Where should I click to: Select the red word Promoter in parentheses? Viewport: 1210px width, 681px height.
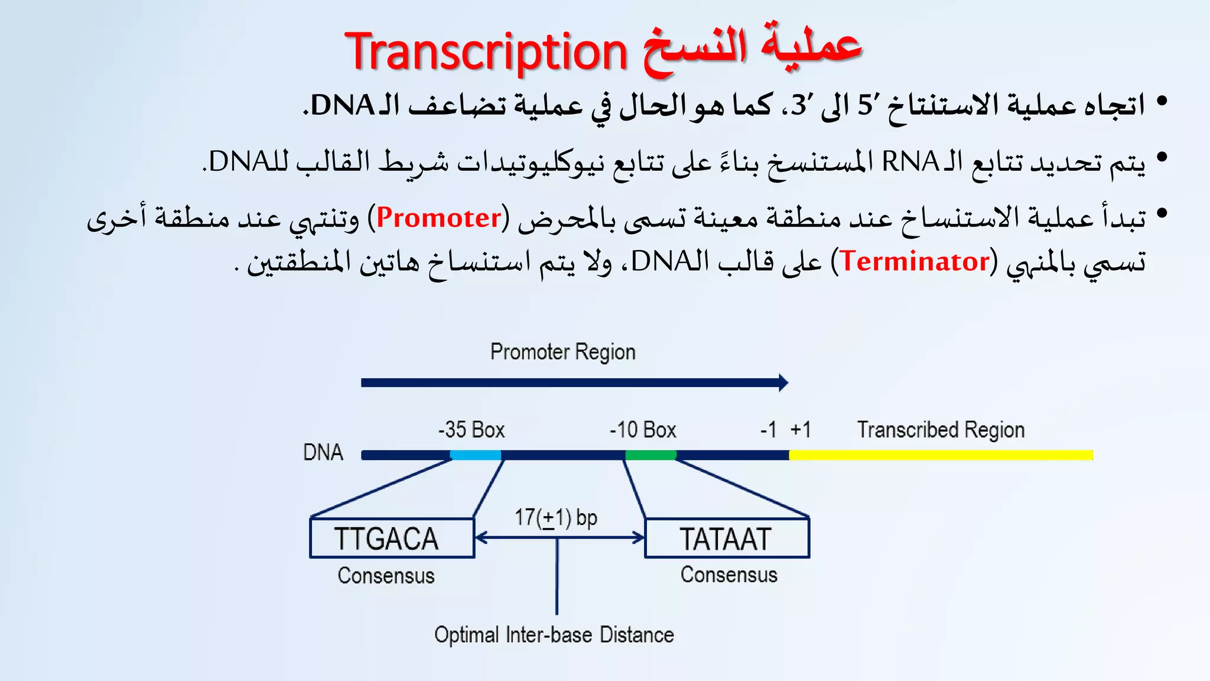coord(438,218)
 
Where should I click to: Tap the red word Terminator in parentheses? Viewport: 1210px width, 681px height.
coord(914,261)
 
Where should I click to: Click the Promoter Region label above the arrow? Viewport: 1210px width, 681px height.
coord(562,352)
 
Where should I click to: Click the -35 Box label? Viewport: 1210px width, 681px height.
coord(471,430)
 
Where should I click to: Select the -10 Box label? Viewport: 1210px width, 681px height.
coord(643,430)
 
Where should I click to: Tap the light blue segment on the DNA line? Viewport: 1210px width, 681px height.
coord(476,455)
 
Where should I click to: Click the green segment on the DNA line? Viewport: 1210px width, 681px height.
coord(650,455)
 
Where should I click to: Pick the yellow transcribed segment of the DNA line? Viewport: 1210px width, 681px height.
coord(939,455)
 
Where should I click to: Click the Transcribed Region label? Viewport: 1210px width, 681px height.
coord(941,430)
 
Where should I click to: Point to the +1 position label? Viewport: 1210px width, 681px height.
coord(801,430)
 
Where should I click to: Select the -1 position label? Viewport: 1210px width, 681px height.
coord(768,430)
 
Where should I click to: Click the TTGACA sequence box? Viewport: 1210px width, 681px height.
coord(392,539)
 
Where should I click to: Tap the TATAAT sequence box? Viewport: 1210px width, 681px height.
coord(726,539)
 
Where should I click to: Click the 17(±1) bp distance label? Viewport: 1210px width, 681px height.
coord(555,518)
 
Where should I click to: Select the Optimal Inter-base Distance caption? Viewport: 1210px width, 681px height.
coord(554,635)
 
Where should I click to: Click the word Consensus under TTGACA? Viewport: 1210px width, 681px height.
coord(386,576)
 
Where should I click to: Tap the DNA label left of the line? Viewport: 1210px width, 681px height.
coord(323,453)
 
